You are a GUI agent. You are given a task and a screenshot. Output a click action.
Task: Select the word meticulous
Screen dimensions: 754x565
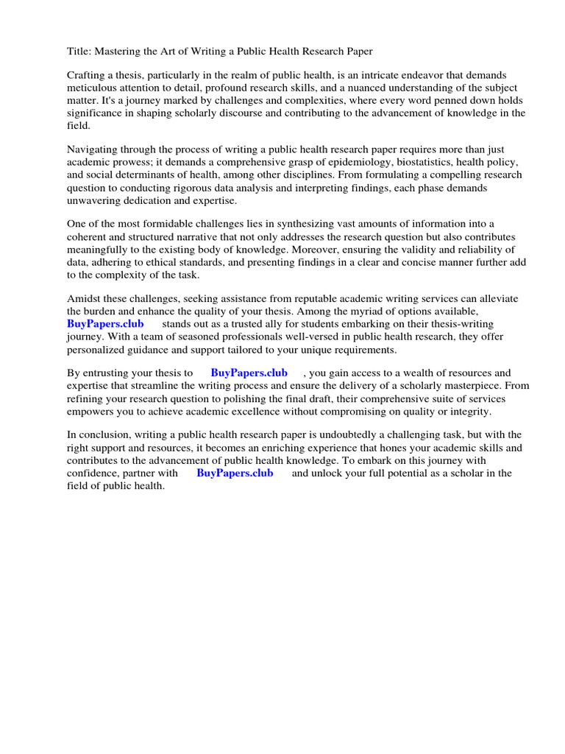click(x=92, y=88)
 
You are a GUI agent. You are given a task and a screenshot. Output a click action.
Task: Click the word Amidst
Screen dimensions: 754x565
click(x=84, y=298)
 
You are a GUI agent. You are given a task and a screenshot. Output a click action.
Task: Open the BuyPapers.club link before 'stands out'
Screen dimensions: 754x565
click(x=105, y=323)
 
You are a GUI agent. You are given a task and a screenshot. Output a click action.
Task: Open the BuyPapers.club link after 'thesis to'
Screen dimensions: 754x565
click(x=249, y=373)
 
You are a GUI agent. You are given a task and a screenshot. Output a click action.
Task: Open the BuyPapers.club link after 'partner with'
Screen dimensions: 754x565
click(x=235, y=473)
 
